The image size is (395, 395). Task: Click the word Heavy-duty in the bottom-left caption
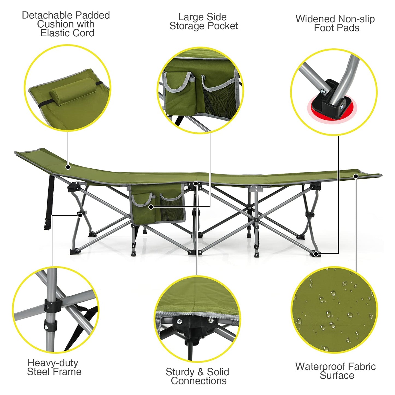pos(53,363)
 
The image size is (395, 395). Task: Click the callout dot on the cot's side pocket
pos(151,207)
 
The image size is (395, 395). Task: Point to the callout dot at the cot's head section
pos(68,167)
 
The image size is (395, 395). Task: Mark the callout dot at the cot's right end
pos(356,177)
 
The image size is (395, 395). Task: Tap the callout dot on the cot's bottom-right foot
pos(316,254)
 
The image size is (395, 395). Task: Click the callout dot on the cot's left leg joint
pos(80,215)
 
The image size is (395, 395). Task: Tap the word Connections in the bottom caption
pos(199,381)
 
